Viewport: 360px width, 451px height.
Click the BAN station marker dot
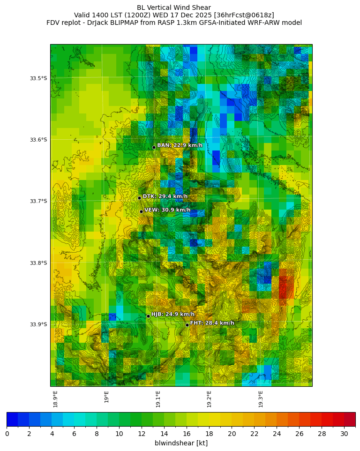154,148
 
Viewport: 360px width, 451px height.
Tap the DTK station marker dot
139,198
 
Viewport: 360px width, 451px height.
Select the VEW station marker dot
141,211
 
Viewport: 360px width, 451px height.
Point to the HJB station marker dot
148,316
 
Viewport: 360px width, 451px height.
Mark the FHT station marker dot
187,325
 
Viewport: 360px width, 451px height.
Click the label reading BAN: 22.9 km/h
180,145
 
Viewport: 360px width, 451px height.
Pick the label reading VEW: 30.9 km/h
167,210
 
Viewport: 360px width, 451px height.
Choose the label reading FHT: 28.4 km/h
212,323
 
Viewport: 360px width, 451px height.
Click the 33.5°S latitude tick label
38,78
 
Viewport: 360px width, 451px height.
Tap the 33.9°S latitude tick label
38,324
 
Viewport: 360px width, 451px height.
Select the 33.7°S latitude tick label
38,202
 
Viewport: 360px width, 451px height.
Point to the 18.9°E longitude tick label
55,399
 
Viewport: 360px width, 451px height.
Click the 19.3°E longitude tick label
261,399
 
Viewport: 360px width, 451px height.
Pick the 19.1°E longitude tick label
158,399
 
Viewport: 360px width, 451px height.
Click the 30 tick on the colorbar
344,434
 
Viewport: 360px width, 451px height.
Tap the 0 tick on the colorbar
7,434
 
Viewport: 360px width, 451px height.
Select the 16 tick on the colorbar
187,434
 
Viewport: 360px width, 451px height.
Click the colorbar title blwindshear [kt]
181,443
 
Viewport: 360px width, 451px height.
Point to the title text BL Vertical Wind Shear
174,8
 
